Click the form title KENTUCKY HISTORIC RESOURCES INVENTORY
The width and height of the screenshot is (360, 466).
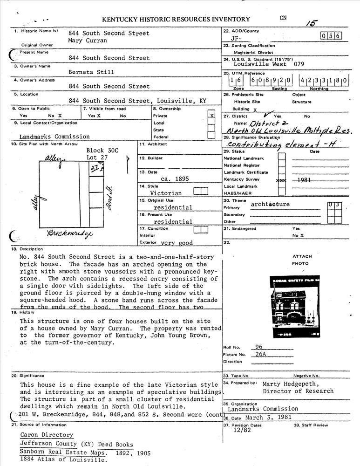point(176,20)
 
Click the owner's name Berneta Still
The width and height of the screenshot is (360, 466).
point(91,72)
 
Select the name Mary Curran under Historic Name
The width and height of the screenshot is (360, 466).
point(88,41)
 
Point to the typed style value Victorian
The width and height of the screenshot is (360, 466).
point(166,193)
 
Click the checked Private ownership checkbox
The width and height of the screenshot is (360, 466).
point(212,115)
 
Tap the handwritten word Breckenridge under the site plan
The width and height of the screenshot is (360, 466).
point(70,233)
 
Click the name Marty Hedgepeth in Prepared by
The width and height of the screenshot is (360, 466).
point(291,384)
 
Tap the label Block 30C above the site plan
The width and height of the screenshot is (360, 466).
point(102,151)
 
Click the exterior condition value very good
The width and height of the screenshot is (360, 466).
point(177,243)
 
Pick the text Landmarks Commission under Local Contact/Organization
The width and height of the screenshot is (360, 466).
point(54,137)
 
